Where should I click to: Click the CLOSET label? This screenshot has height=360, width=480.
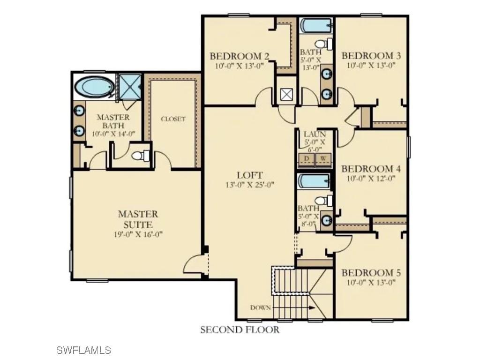(173, 119)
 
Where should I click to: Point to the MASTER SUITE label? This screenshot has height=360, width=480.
(138, 219)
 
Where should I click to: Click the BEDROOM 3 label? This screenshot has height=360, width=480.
(371, 56)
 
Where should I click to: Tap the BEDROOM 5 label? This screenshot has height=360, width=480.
(371, 273)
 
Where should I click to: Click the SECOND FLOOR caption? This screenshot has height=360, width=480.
(240, 330)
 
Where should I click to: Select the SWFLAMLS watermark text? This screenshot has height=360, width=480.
(83, 350)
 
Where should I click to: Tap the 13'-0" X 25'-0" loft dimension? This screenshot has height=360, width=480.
(249, 185)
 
